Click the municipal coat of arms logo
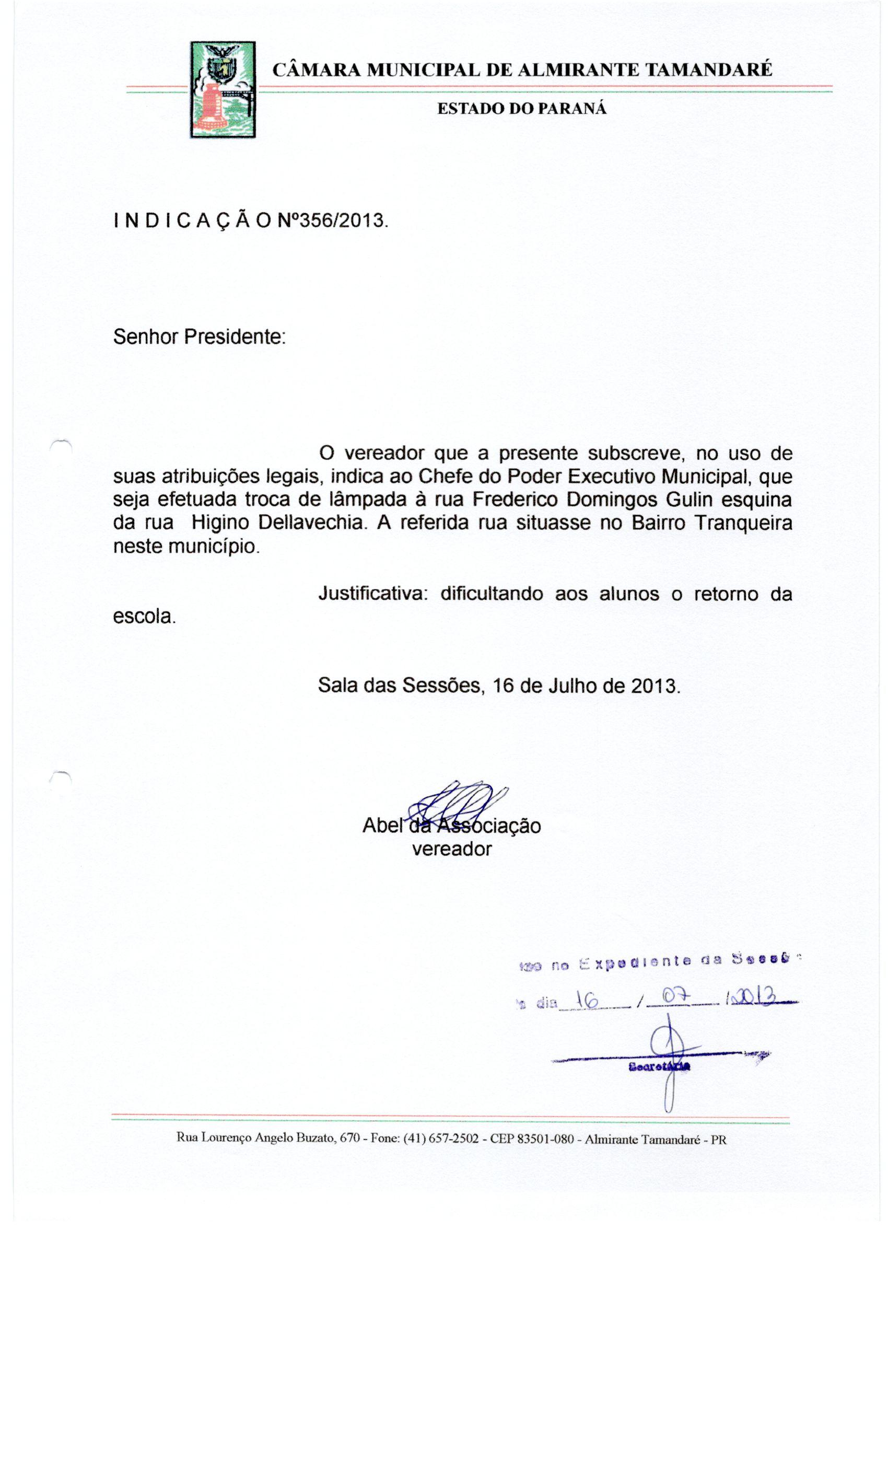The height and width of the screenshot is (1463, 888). [223, 90]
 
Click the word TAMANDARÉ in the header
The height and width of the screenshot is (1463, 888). [708, 70]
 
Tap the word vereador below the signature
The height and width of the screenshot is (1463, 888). [452, 849]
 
